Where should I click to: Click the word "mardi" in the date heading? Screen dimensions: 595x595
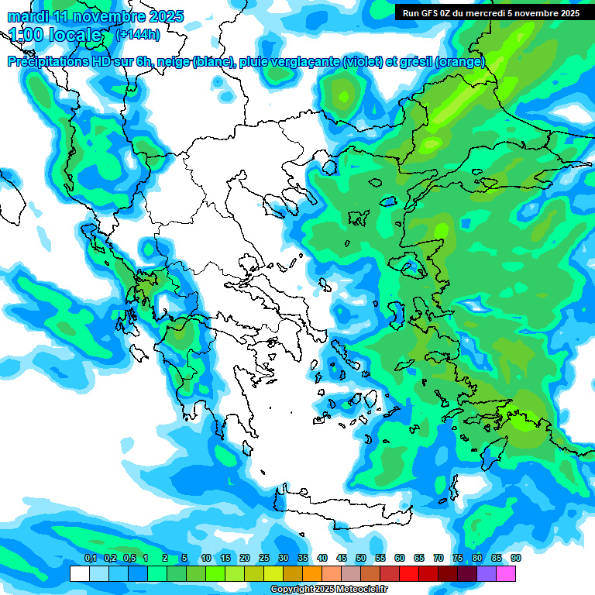click(27, 16)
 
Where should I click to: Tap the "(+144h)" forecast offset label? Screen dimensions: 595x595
click(137, 35)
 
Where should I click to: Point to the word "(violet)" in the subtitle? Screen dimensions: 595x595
click(363, 62)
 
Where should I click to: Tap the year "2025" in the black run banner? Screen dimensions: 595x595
click(566, 12)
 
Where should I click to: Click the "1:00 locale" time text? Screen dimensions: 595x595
click(55, 35)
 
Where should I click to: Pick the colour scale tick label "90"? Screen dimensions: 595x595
click(516, 558)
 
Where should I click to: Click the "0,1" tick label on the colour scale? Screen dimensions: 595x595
click(90, 558)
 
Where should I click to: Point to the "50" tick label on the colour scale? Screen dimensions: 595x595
click(361, 558)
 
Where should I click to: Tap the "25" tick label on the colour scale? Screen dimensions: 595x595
click(264, 558)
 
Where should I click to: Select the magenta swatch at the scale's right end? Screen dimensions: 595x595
click(506, 573)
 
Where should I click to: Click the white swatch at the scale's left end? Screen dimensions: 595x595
click(80, 573)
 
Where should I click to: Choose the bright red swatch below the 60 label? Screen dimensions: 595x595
click(409, 573)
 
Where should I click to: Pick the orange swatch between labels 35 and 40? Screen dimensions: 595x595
click(312, 573)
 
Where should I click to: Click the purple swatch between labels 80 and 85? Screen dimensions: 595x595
click(487, 573)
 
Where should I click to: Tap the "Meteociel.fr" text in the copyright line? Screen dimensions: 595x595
click(361, 590)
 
